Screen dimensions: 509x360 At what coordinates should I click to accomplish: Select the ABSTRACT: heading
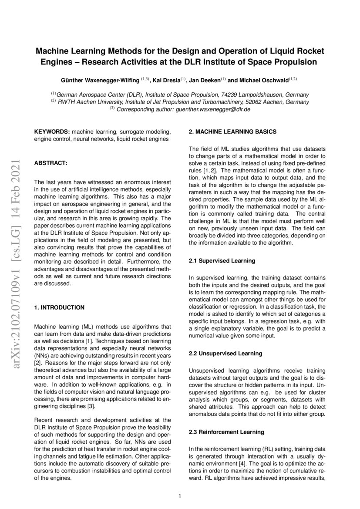pos(50,163)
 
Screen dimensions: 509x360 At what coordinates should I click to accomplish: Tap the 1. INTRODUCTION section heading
pos(59,307)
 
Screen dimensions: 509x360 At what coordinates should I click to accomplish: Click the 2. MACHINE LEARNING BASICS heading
pos(232,131)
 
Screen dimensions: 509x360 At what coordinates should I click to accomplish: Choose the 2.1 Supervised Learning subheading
pos(222,261)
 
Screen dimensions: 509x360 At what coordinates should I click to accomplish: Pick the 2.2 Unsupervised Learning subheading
pos(225,353)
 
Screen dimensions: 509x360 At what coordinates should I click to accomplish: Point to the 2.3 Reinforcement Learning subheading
pos(226,432)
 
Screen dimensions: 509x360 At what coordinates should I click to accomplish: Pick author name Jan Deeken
pos(207,80)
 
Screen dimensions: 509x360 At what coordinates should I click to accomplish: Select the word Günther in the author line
pos(72,80)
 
